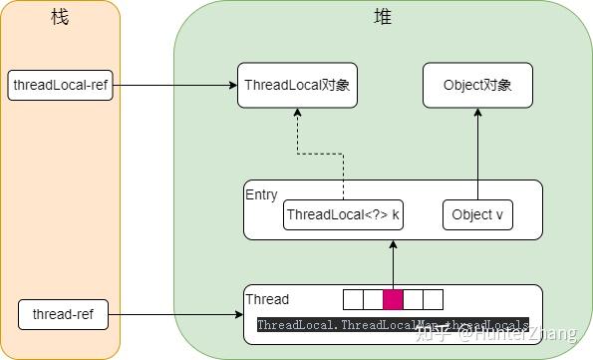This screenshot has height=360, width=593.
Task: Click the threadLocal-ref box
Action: pos(59,86)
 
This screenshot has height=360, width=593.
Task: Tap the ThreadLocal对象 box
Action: pos(296,86)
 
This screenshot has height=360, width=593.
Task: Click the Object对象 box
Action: pos(477,86)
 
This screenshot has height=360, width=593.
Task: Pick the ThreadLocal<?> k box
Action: pos(342,214)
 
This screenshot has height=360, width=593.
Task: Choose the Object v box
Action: pos(477,214)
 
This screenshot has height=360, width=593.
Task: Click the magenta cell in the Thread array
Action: pos(393,299)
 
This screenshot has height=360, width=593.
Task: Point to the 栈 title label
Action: pos(59,18)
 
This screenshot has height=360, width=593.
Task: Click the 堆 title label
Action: pos(382,18)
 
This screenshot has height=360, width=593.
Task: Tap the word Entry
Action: pos(261,194)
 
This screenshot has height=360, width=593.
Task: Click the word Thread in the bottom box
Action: pos(267,299)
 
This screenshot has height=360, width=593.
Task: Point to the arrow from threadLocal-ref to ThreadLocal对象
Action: pos(173,86)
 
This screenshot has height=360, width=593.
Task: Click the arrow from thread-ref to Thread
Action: pos(175,315)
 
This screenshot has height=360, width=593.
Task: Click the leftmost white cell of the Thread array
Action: pos(353,299)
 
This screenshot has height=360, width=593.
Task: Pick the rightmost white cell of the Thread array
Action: pos(433,299)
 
